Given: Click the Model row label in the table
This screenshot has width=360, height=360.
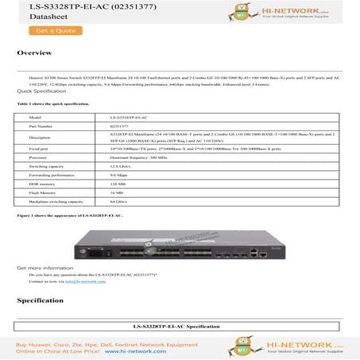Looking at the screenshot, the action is (34, 117).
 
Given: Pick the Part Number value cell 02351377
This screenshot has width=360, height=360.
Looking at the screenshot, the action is (119, 126).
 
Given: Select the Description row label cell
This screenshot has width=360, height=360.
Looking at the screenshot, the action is (40, 137).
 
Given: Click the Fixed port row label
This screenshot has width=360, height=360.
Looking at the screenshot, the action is (38, 149).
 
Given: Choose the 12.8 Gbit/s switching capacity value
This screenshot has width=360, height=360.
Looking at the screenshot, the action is (122, 166).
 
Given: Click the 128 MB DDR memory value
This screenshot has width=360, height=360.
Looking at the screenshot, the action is (118, 184).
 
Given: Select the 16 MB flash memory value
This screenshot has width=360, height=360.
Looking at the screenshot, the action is (117, 192).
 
